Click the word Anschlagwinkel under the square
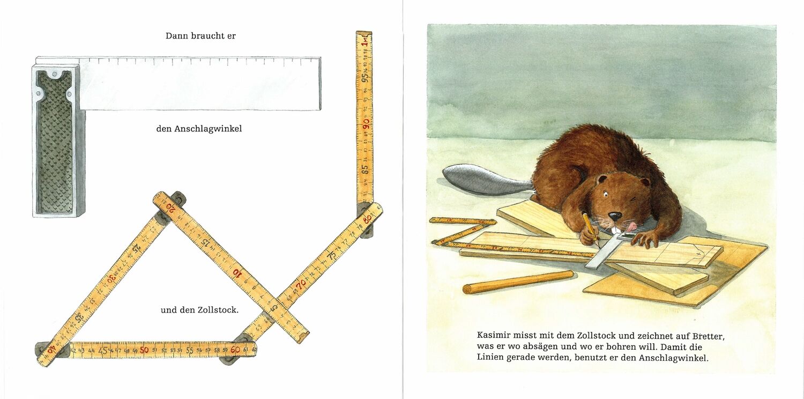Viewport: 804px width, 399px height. click(x=208, y=129)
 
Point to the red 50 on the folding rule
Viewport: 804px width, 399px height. click(x=144, y=350)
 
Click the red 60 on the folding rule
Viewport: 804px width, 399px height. click(x=235, y=350)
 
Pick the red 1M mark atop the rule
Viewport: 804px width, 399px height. click(x=364, y=42)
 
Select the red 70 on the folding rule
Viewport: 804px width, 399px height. click(x=301, y=284)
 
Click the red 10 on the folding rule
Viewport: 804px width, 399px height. click(x=237, y=272)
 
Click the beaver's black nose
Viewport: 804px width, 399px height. click(x=615, y=216)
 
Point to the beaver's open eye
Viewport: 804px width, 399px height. click(x=606, y=194)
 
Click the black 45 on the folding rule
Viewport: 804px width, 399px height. click(x=103, y=351)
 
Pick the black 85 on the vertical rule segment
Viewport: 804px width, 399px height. click(x=365, y=169)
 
